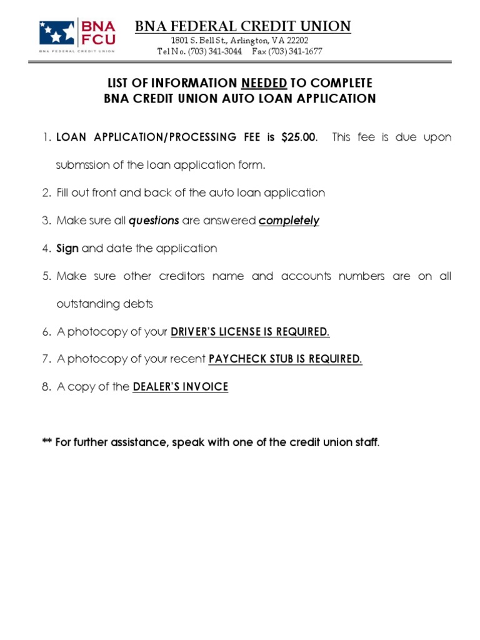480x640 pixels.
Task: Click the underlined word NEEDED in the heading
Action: (264, 83)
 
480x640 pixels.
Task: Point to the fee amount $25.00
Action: (299, 137)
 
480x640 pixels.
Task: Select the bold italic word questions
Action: (154, 221)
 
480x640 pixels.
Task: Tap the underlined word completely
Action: (289, 221)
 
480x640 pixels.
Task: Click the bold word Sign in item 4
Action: (67, 248)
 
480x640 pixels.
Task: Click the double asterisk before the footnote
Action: (47, 442)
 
